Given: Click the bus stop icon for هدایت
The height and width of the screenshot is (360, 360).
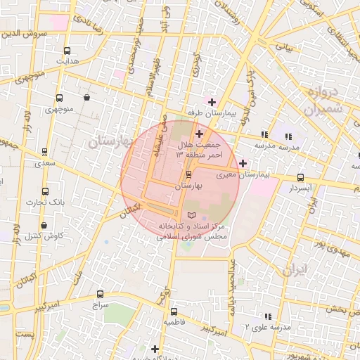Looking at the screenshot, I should [x=67, y=51].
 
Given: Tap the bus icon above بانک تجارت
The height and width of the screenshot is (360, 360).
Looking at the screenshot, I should [x=46, y=191].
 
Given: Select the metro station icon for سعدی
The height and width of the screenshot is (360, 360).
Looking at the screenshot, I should [x=45, y=152].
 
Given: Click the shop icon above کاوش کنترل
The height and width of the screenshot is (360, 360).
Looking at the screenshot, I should [x=44, y=226].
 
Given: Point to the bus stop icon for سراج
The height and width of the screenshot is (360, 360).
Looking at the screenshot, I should [x=99, y=295].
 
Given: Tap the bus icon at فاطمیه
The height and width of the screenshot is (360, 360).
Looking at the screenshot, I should [x=174, y=311].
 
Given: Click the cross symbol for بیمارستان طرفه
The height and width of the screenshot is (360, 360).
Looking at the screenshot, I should [x=212, y=102].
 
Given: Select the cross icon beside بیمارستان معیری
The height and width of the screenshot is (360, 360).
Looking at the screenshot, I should [x=243, y=164].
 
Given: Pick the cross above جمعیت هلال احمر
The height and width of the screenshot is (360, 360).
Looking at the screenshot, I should [x=199, y=134].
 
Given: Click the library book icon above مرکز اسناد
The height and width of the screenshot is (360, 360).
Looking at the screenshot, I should [x=193, y=214].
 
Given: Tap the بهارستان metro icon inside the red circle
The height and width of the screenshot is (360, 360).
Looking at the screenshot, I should [x=188, y=174].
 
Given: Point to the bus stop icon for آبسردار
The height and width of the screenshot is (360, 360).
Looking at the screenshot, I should [x=301, y=178].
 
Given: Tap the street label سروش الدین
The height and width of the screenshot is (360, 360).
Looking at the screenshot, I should [x=23, y=33].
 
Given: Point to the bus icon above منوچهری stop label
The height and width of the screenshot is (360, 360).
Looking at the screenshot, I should [x=58, y=98].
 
